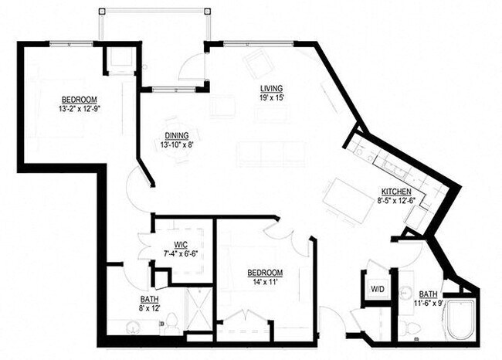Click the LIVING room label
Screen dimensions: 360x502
coord(273,89)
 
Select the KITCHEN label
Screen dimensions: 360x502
coord(395,192)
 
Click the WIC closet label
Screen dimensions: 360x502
coord(181,244)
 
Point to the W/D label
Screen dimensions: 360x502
coord(378,290)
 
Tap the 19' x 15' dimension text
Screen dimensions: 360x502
coord(273,98)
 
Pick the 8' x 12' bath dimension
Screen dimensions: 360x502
coord(150,309)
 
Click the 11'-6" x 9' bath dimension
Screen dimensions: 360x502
coord(428,304)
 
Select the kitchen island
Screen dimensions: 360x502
coord(348,201)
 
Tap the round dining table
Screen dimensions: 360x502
coord(181,153)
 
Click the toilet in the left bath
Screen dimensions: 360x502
coord(173,321)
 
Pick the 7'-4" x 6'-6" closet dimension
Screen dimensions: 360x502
coord(181,253)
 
